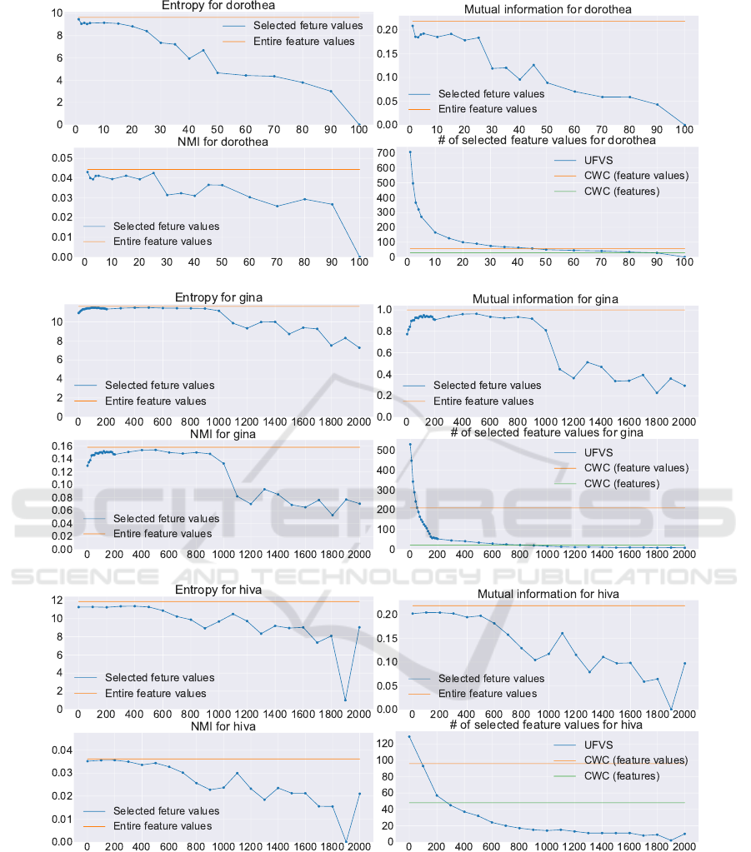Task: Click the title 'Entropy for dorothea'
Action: coord(218,5)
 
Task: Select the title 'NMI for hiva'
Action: coord(217,726)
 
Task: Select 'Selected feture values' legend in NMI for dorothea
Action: coord(167,226)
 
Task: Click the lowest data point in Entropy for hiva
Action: coord(345,700)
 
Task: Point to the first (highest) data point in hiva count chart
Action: coord(408,737)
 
